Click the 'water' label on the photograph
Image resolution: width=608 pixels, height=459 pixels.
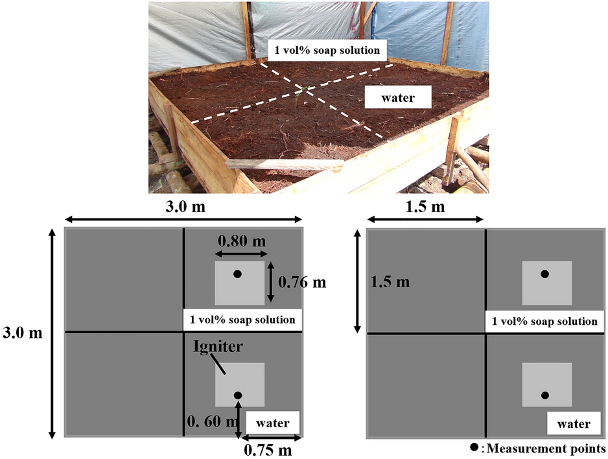[x=397, y=98]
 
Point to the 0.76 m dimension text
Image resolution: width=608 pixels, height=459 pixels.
[x=301, y=282]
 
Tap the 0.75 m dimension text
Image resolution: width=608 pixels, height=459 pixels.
[x=267, y=449]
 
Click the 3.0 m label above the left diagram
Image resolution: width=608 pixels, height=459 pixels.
[x=183, y=207]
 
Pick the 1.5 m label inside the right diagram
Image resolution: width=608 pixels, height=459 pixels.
[x=390, y=282]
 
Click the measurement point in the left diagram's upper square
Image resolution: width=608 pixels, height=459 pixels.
[x=238, y=274]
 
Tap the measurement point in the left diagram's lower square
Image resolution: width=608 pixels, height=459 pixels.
[x=238, y=395]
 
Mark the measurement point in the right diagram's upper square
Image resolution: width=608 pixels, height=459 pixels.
[x=545, y=274]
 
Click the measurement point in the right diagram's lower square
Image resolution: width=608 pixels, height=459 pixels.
[x=545, y=395]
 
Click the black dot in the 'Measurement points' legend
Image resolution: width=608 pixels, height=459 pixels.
[x=474, y=447]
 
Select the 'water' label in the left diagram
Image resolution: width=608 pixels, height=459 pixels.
[x=272, y=423]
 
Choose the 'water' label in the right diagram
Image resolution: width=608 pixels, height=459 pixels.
[x=573, y=424]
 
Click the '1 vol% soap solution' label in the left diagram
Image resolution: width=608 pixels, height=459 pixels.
[x=242, y=319]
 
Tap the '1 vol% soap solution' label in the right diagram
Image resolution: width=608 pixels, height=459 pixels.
[x=544, y=321]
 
